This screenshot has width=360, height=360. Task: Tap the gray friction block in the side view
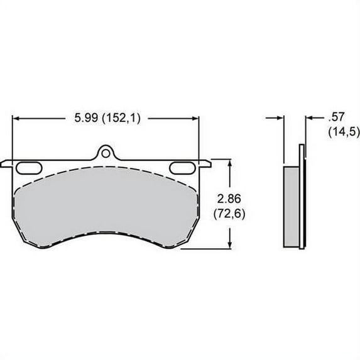click(x=292, y=206)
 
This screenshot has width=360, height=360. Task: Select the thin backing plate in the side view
click(x=302, y=201)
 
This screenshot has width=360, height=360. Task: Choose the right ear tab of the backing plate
click(x=204, y=165)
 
